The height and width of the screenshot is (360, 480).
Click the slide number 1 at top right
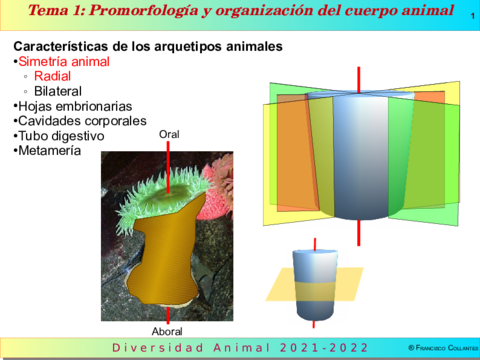point(472,15)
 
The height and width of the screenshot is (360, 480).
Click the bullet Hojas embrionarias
point(74,106)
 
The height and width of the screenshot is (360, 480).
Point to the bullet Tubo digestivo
point(62,135)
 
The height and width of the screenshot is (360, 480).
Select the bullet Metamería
point(51,150)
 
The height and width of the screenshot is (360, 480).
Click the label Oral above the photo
point(169,133)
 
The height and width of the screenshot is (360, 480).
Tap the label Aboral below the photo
point(167,331)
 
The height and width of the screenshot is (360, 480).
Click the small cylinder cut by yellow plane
point(317,285)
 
